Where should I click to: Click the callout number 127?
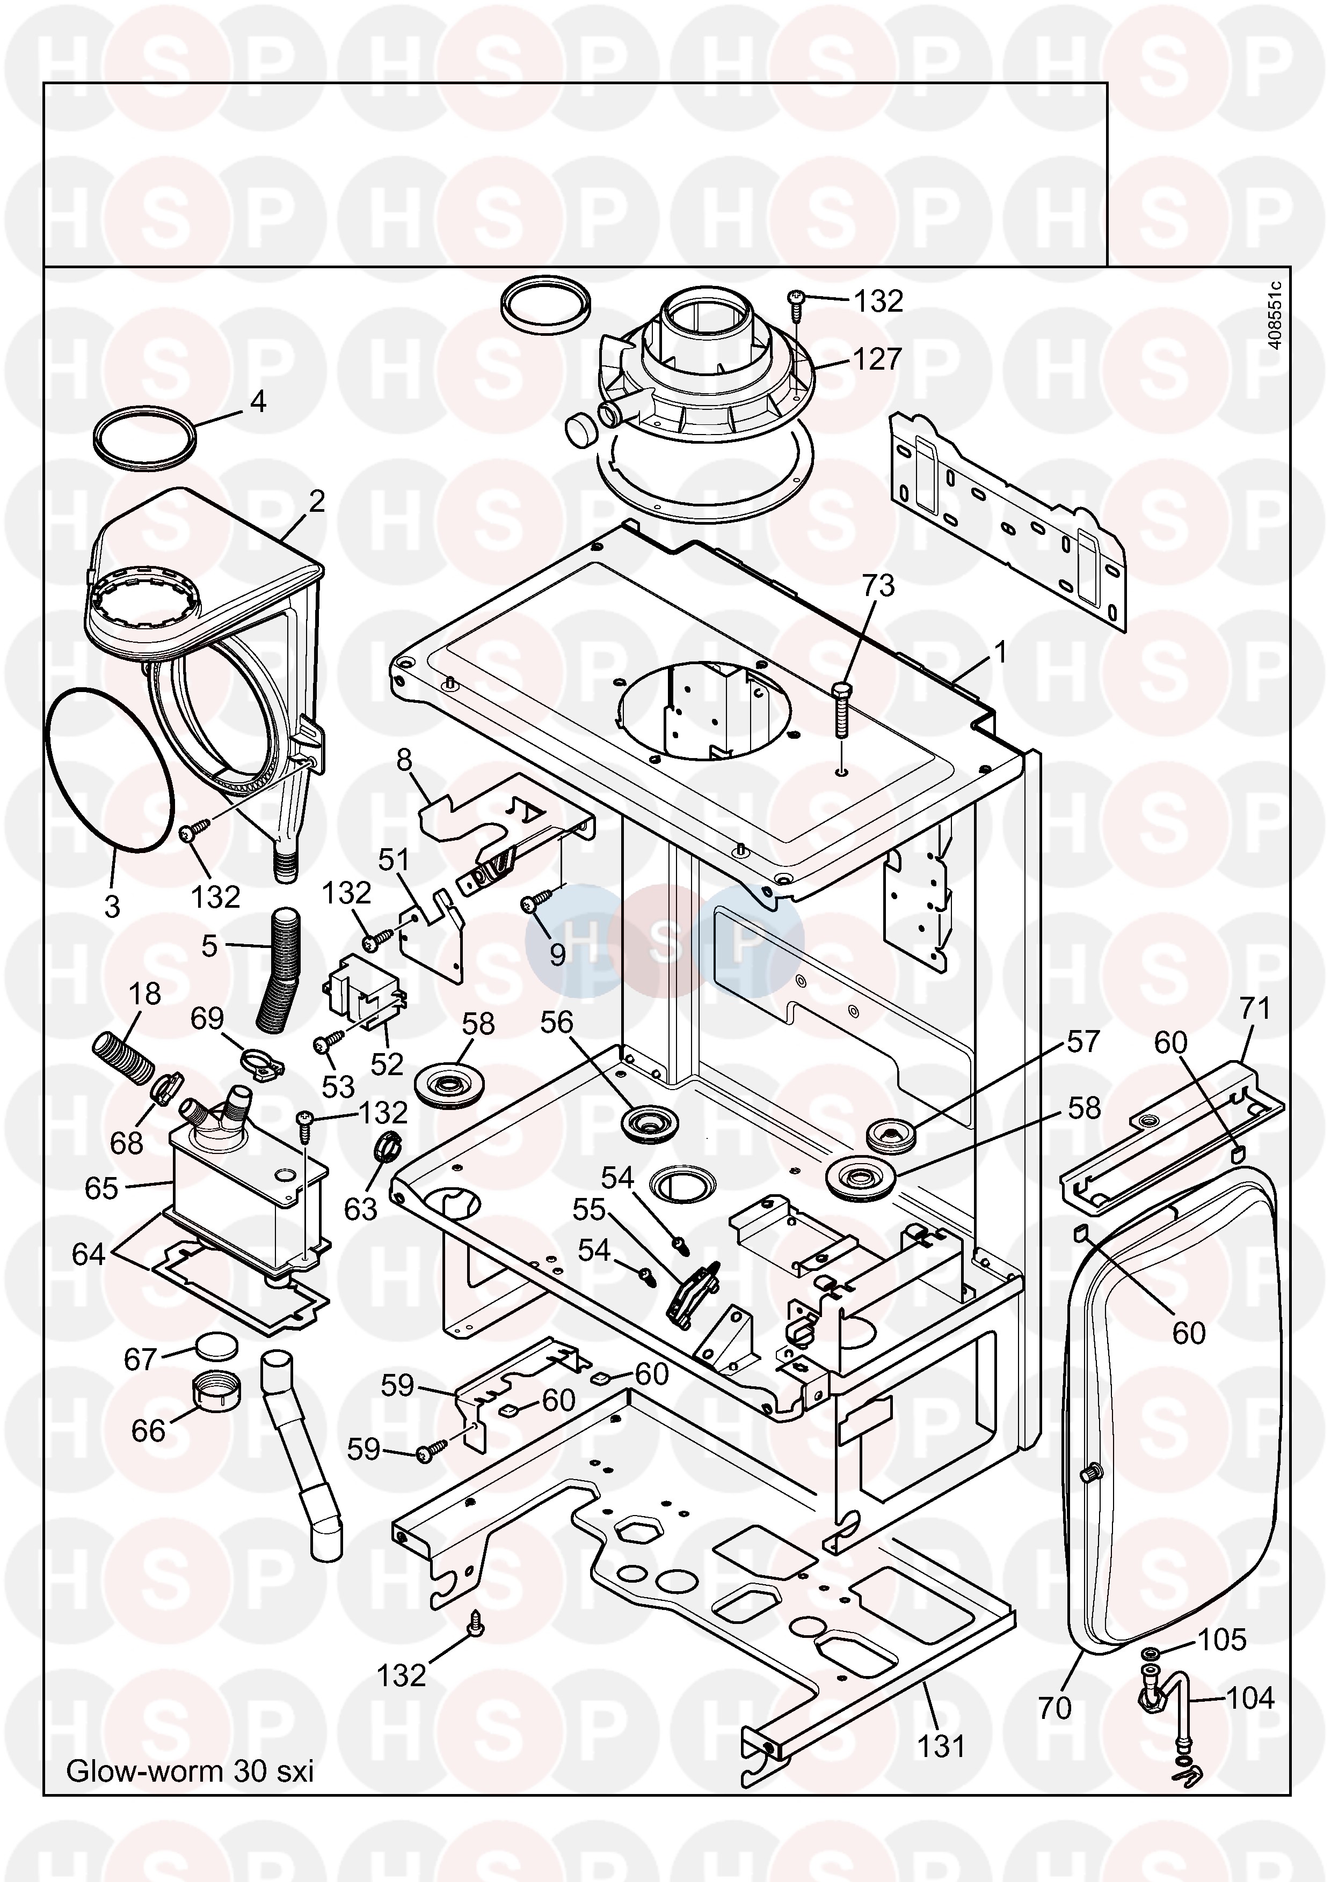click(877, 359)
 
